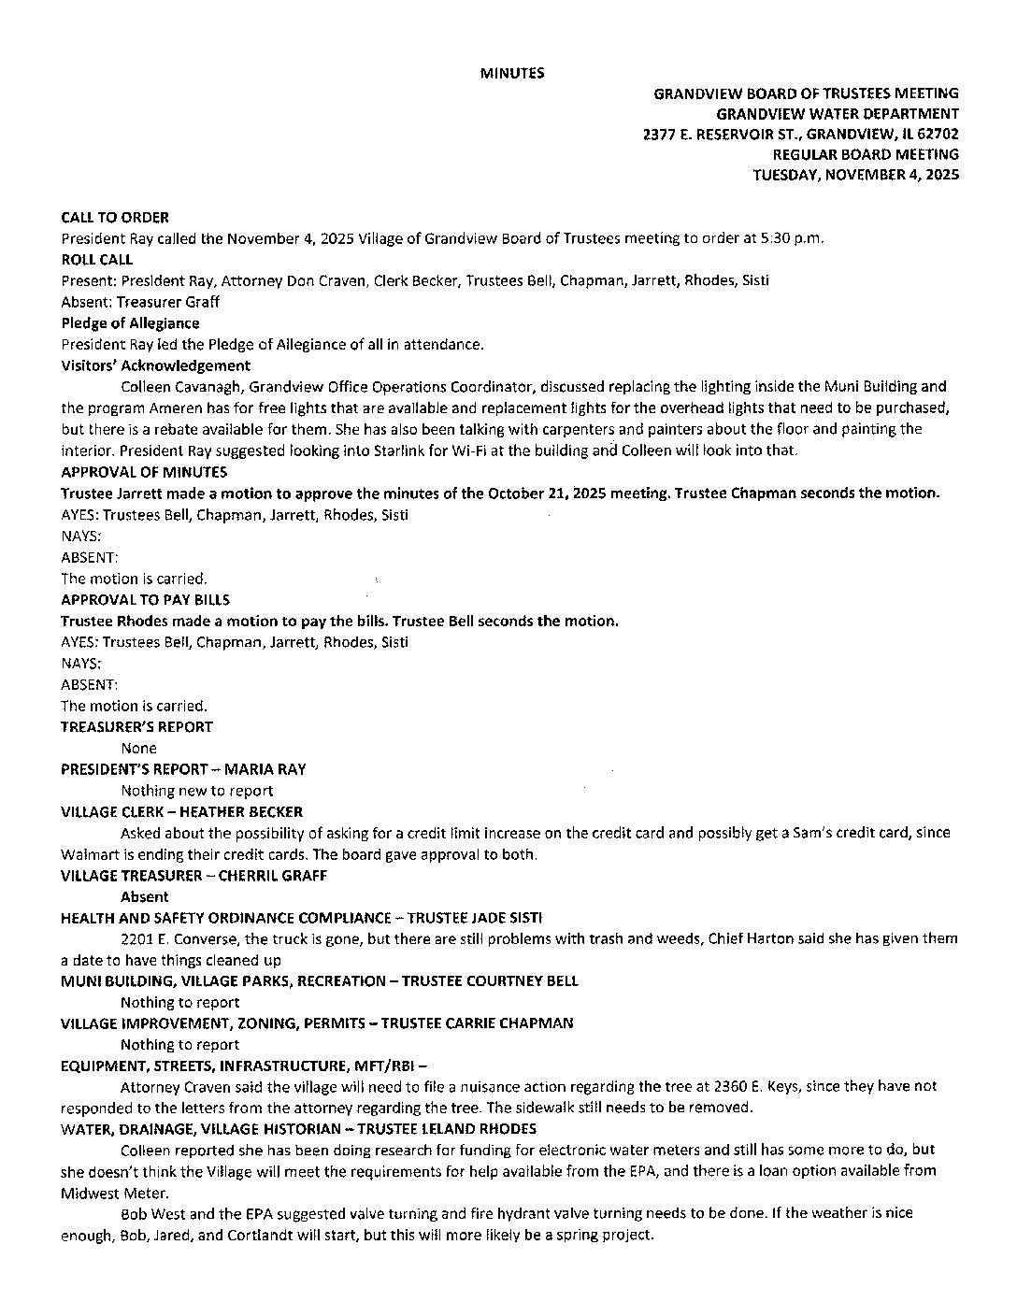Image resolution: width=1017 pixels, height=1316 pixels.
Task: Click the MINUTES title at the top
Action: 512,72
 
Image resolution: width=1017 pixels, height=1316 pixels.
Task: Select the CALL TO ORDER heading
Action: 115,217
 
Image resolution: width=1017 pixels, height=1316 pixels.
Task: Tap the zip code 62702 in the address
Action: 938,134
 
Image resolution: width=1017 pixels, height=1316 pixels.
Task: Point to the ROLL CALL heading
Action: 97,259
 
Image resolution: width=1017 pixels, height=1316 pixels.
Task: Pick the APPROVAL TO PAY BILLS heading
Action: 145,599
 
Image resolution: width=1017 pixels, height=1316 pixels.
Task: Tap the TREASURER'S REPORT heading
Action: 136,726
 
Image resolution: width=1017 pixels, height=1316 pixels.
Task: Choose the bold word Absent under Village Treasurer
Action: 145,896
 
